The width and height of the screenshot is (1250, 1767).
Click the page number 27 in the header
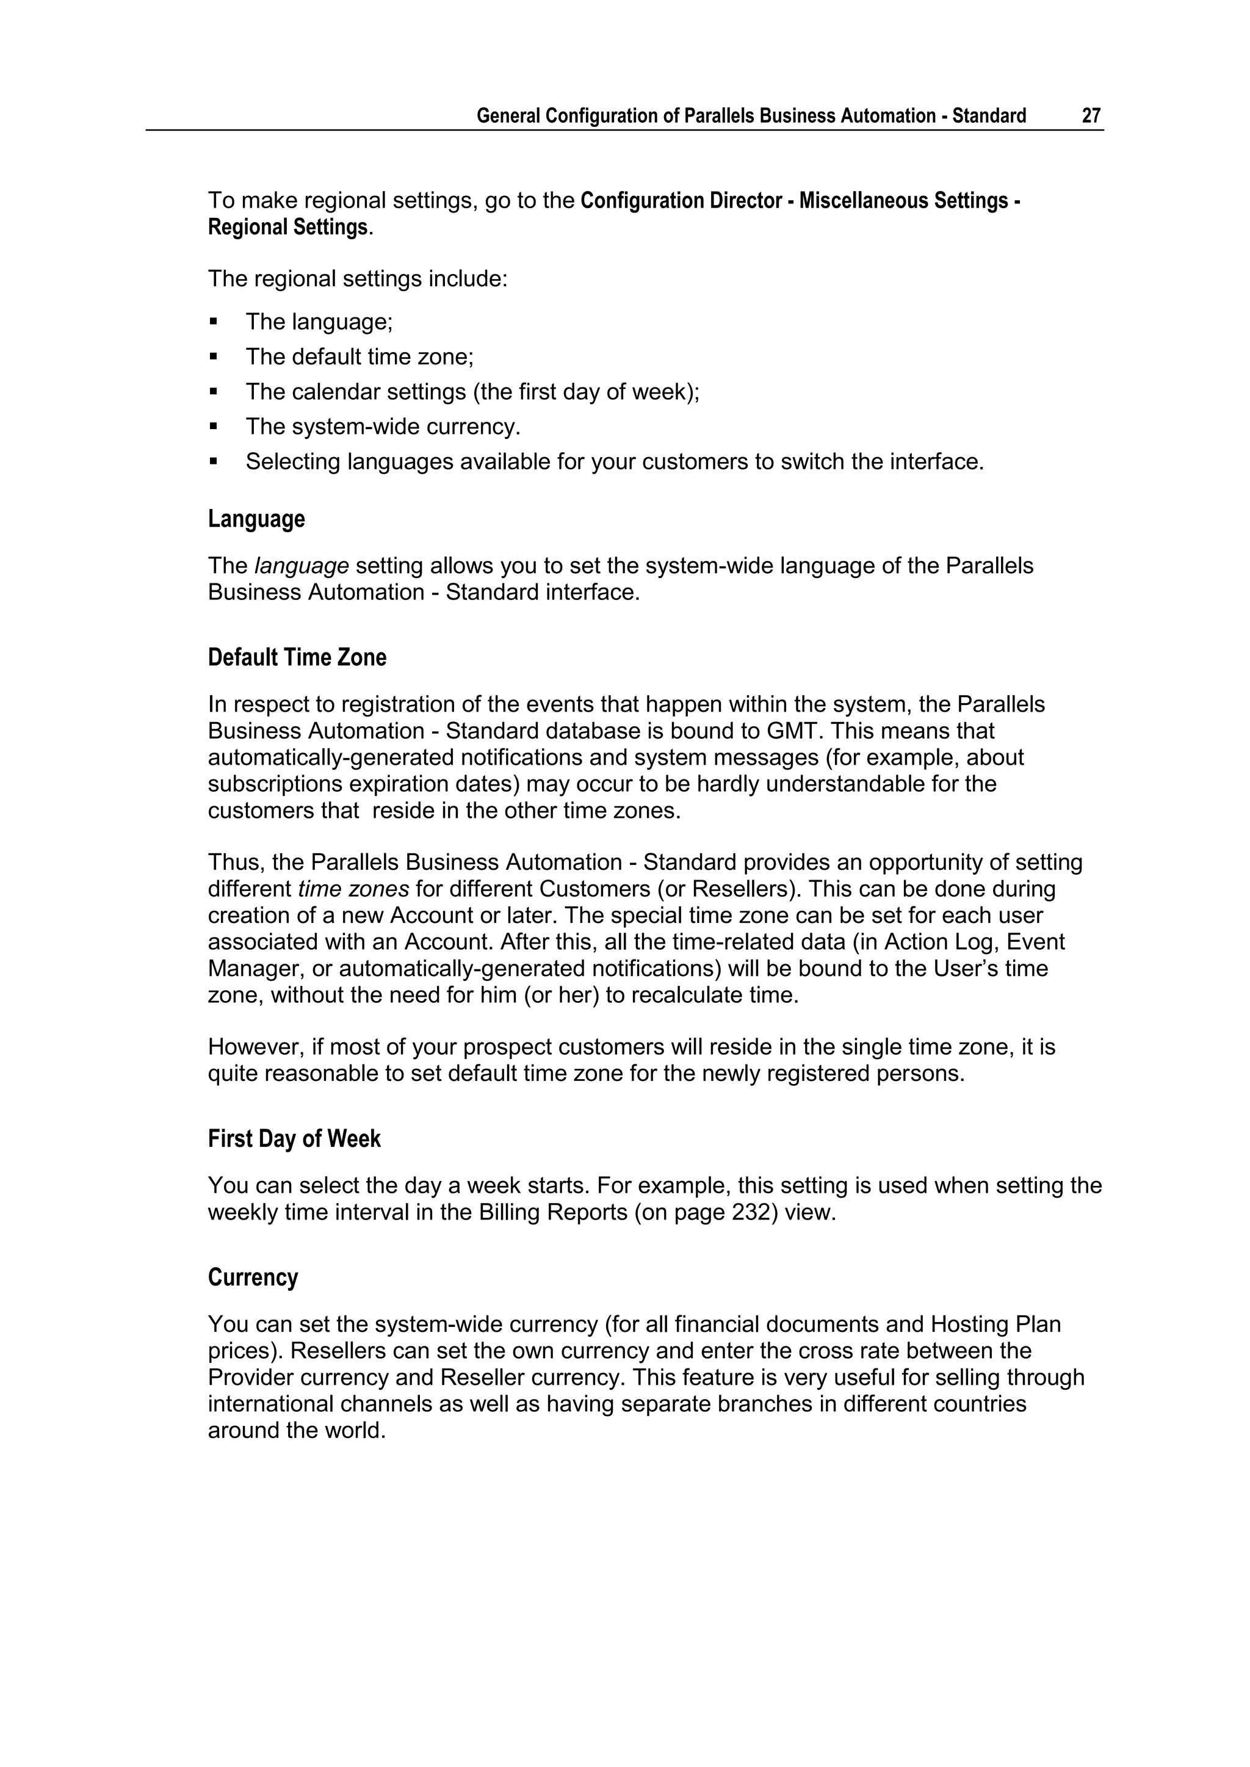[x=1091, y=115]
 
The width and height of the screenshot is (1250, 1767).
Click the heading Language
[x=256, y=519]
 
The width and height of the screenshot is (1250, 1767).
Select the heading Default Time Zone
[x=297, y=658]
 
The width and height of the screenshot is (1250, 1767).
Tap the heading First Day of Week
[x=294, y=1139]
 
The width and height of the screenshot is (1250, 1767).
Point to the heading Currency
[x=253, y=1277]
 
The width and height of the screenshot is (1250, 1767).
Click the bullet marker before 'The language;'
[x=214, y=322]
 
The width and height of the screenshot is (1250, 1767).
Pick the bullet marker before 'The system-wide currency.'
[x=214, y=427]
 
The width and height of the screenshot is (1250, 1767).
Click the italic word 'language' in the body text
[x=302, y=566]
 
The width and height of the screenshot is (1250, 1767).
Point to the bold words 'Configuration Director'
[x=681, y=201]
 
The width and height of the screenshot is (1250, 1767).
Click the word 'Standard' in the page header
[x=988, y=115]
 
